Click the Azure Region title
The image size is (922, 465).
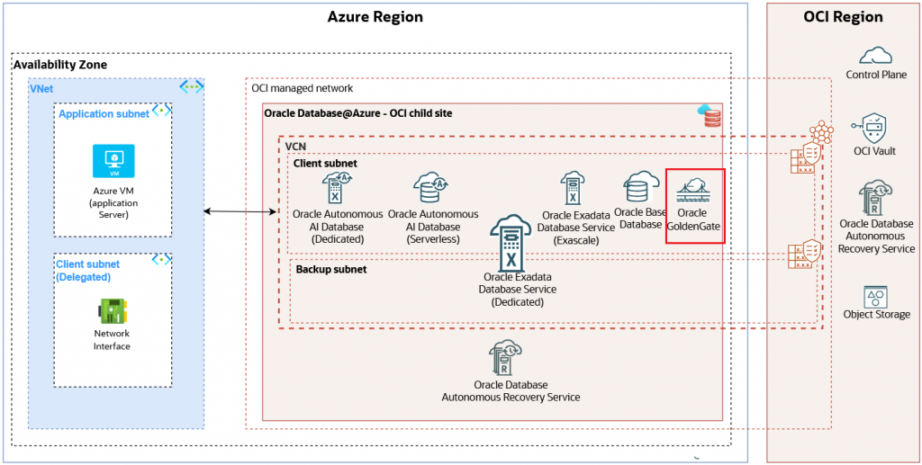375,17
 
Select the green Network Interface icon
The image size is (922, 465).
113,311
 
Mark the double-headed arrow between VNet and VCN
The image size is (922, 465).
240,212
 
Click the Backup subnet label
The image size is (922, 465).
331,269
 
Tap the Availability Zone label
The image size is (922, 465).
60,65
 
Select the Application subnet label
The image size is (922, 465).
104,114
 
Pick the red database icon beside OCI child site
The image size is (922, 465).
710,115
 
